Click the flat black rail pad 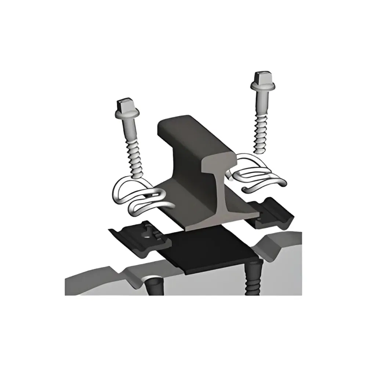coord(206,253)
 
